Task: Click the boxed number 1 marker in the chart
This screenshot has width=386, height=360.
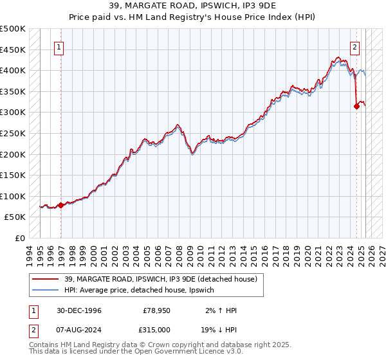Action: (x=59, y=47)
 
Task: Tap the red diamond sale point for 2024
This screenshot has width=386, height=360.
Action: (x=356, y=107)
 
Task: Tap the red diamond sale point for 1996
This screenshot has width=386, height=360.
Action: (x=61, y=205)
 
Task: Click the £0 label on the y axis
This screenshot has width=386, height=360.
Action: (x=19, y=238)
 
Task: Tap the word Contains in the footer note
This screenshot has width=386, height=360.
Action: (x=44, y=346)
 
